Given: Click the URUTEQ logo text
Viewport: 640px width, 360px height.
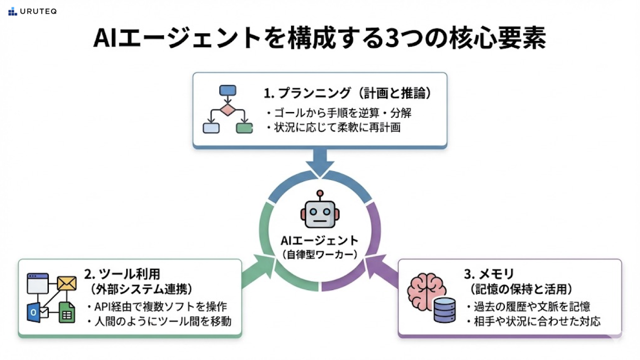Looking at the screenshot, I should coord(38,11).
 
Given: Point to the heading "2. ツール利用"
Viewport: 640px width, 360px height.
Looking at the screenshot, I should coord(122,273).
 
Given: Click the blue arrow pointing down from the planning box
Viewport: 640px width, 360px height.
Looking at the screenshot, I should coord(320,160).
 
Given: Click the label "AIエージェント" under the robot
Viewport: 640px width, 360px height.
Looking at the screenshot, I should coord(320,241).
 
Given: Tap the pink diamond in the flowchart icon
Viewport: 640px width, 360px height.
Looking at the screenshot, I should coord(227,109).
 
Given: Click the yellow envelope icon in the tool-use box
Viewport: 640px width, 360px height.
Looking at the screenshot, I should coord(67,283).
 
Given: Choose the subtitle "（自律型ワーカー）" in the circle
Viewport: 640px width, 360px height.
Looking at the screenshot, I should coord(320,255).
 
